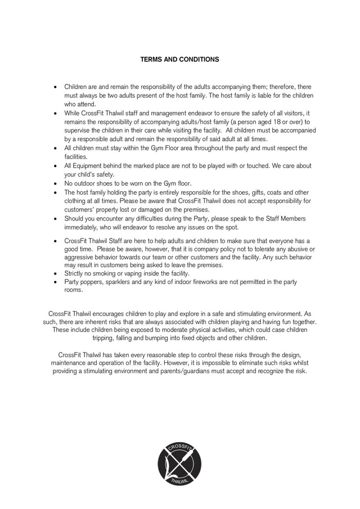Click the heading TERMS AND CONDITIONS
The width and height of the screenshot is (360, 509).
click(x=179, y=59)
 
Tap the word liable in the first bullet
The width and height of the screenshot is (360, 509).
click(x=260, y=96)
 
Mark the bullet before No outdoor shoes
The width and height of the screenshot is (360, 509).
click(x=55, y=184)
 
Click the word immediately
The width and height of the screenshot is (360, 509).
click(x=82, y=227)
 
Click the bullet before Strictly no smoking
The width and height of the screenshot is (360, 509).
click(x=55, y=274)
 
